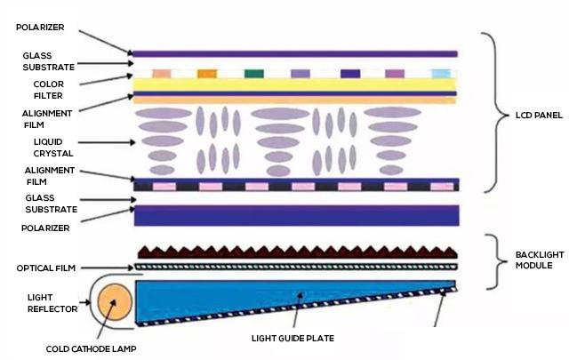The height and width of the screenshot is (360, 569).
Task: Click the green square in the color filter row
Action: click(x=253, y=74)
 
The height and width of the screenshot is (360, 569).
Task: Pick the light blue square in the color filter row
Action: click(x=440, y=74)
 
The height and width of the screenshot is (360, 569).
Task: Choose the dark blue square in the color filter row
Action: click(x=349, y=74)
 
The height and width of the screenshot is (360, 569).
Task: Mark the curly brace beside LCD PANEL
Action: click(x=489, y=113)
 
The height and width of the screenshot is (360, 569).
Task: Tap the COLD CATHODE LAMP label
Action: click(x=88, y=348)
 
